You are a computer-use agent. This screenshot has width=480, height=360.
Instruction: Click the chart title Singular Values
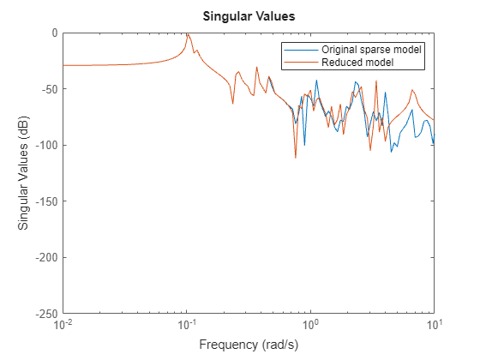coord(248,15)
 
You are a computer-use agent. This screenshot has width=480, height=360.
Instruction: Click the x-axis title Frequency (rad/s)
coord(248,345)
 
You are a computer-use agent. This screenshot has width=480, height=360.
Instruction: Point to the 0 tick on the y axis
coord(53,33)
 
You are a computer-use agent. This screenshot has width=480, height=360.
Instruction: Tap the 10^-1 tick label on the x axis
coord(187,327)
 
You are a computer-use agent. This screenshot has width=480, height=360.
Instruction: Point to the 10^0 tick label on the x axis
coord(310,327)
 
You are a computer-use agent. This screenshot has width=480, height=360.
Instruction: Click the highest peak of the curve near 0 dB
coord(188,34)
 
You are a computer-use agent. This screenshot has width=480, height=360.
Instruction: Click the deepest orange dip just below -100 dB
coord(296,158)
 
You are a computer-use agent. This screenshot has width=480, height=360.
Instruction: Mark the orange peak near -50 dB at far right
coord(413,89)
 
